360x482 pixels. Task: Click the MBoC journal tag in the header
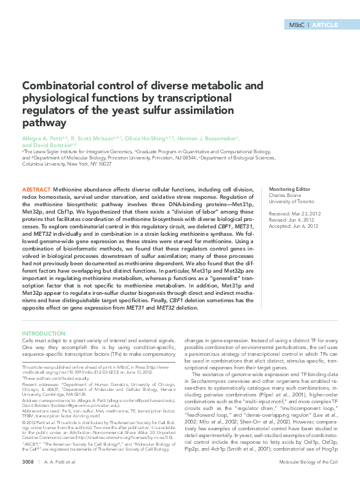click(296, 25)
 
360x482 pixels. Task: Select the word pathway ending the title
click(43, 124)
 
